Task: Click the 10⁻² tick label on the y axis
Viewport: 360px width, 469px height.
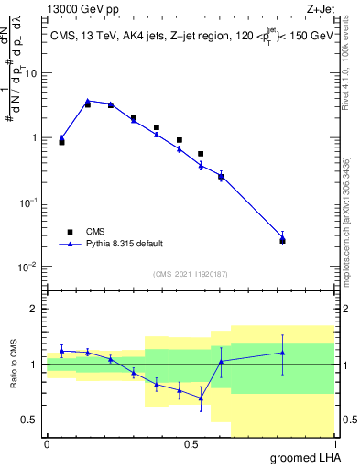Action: coord(31,267)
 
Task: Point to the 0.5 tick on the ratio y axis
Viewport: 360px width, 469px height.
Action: coord(34,420)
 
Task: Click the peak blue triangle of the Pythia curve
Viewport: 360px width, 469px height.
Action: coord(88,101)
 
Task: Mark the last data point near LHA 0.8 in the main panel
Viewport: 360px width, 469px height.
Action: coord(282,240)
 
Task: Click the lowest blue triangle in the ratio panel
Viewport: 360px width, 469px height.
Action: coord(201,398)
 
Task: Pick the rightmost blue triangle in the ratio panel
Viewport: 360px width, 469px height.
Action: coord(282,353)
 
